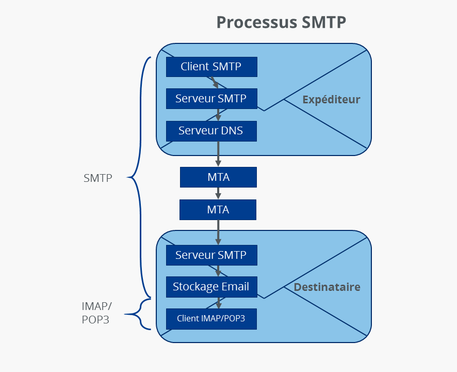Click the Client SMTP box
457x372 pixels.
[211, 67]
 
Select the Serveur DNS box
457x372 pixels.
[211, 131]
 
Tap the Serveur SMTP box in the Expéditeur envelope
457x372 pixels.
[211, 99]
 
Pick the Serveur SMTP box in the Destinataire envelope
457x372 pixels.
[211, 255]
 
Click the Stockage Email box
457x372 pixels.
[211, 287]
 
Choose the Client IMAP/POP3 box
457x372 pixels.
[211, 319]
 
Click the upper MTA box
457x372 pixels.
[218, 177]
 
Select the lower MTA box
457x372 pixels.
[218, 210]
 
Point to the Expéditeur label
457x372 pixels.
[331, 99]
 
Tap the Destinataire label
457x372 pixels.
[327, 287]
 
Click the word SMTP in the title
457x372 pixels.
[323, 22]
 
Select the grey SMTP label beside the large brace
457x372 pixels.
[98, 178]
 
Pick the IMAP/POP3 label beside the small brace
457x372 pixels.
[96, 313]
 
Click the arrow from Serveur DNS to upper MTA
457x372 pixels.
[218, 154]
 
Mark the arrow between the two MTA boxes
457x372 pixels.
[218, 193]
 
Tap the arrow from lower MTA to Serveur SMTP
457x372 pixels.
[218, 233]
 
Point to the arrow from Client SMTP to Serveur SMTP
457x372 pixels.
[215, 83]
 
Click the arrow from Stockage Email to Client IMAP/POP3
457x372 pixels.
[218, 303]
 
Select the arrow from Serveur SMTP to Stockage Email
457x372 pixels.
[218, 271]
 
